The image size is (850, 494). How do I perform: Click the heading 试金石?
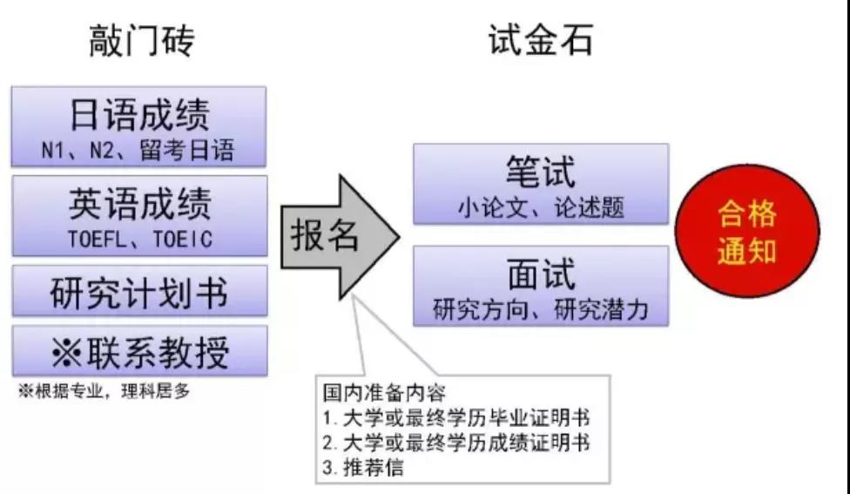click(x=540, y=40)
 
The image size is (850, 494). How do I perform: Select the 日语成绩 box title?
click(x=139, y=114)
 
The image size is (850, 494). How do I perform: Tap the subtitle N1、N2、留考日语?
click(x=138, y=151)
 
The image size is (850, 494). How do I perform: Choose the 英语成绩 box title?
click(x=139, y=203)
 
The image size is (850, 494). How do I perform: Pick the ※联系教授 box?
click(x=139, y=352)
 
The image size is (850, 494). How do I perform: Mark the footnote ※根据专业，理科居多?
click(x=105, y=391)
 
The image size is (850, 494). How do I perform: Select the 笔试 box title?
click(x=541, y=172)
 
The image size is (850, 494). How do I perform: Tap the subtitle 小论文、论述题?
click(x=541, y=207)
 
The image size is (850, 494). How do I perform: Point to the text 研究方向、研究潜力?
click(x=541, y=310)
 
